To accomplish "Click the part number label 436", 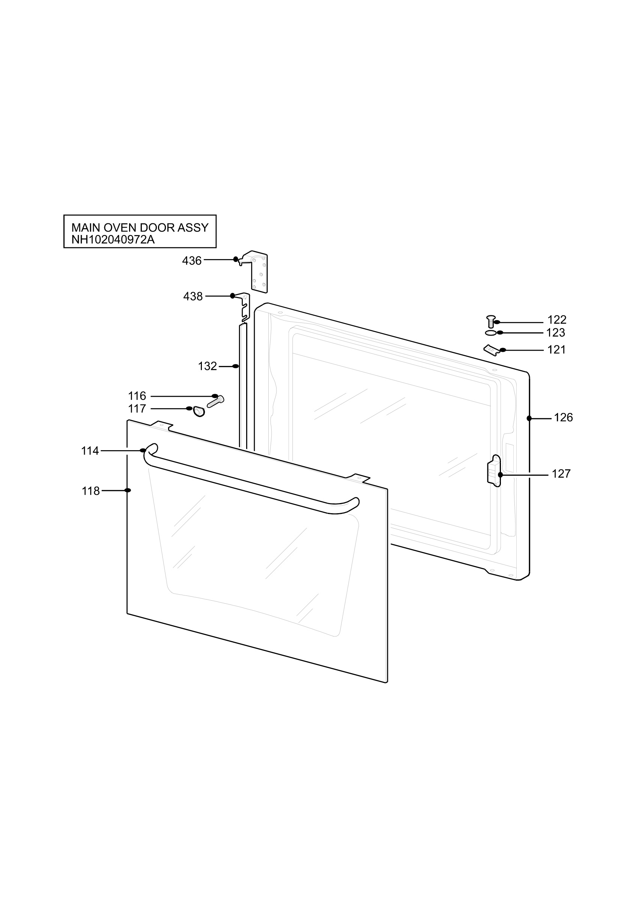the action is click(x=192, y=261).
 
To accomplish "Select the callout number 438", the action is click(x=193, y=297).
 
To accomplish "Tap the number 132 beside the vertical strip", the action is click(x=207, y=366).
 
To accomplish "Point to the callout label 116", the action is click(x=137, y=396).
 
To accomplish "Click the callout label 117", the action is click(x=137, y=409).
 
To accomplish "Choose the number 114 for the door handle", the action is click(x=90, y=451).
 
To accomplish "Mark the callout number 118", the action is click(x=90, y=491).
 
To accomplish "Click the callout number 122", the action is click(x=557, y=320).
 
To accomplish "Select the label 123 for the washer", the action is click(x=556, y=333).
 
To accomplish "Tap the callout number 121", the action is click(x=557, y=350).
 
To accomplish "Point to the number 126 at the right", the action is click(x=564, y=417).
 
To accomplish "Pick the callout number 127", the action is click(x=561, y=474).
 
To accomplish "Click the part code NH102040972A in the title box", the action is click(x=113, y=240).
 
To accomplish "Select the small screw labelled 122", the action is click(x=490, y=321).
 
